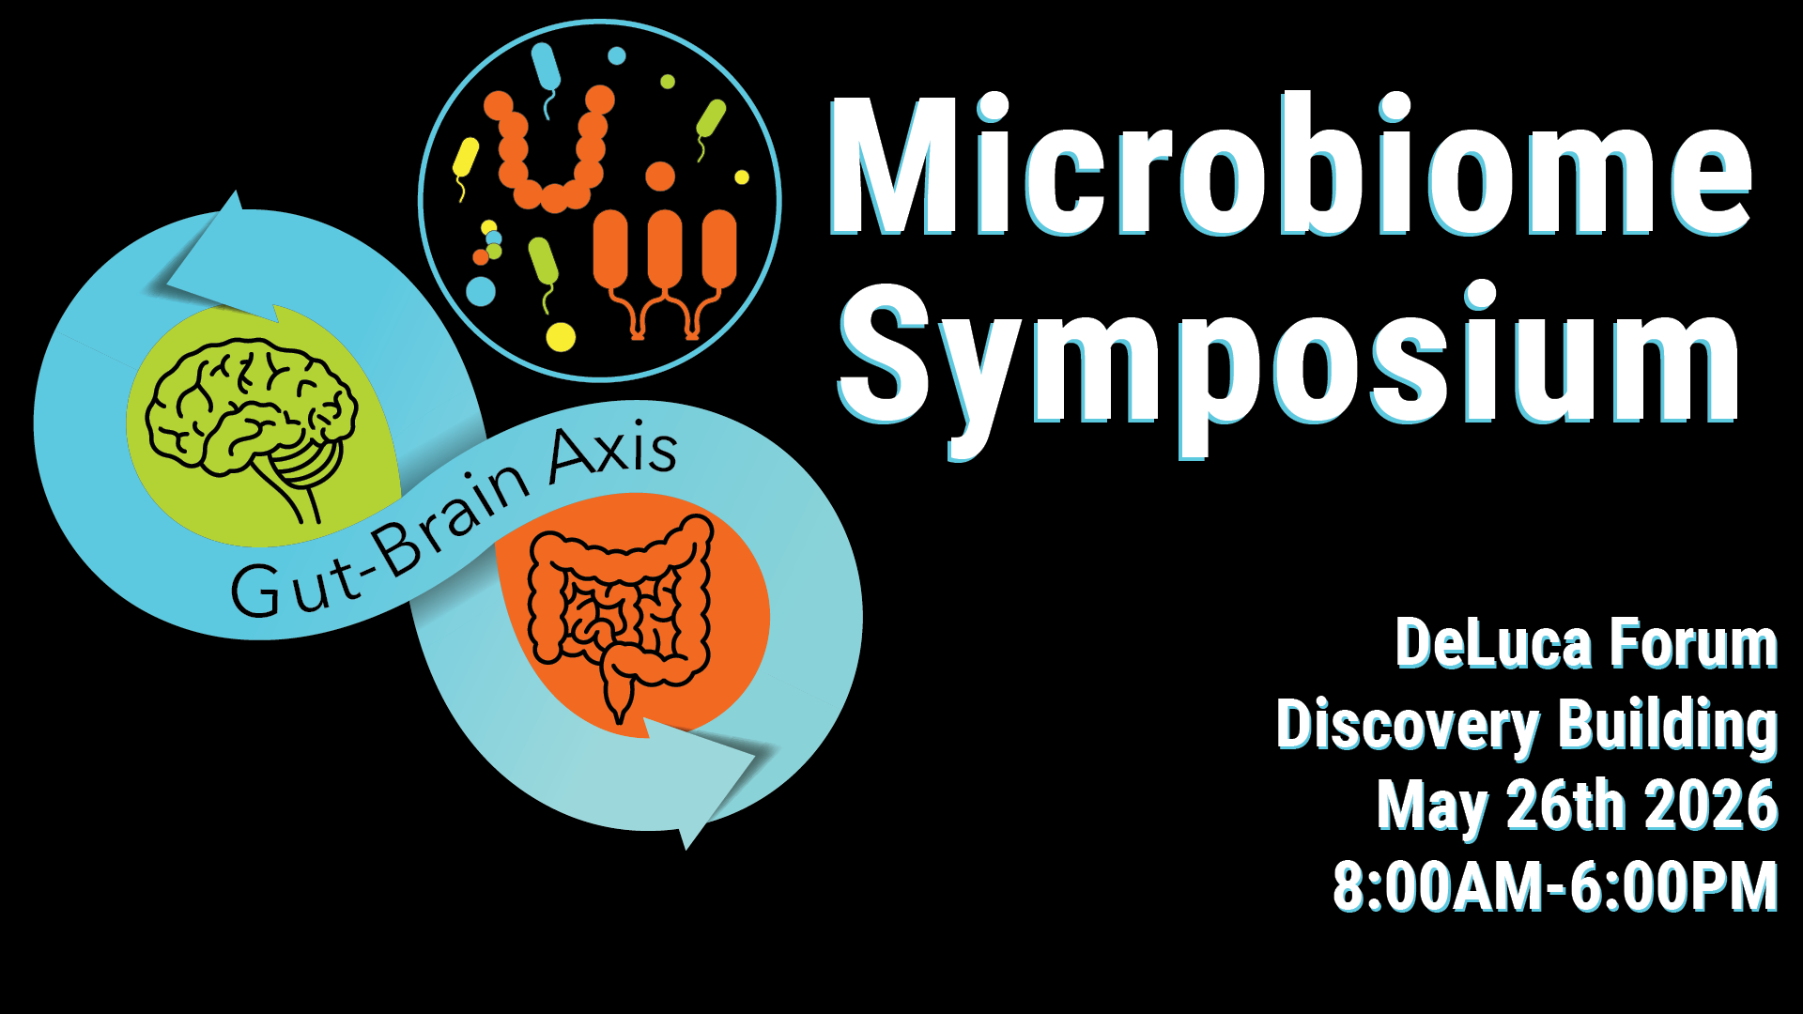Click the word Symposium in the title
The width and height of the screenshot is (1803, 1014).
point(1289,368)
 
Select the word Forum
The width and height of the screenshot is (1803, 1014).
point(1693,644)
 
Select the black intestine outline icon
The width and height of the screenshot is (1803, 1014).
point(620,615)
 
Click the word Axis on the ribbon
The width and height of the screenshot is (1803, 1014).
point(612,453)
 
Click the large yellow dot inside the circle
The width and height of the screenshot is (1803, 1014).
point(561,336)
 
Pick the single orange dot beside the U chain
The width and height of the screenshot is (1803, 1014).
point(660,177)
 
